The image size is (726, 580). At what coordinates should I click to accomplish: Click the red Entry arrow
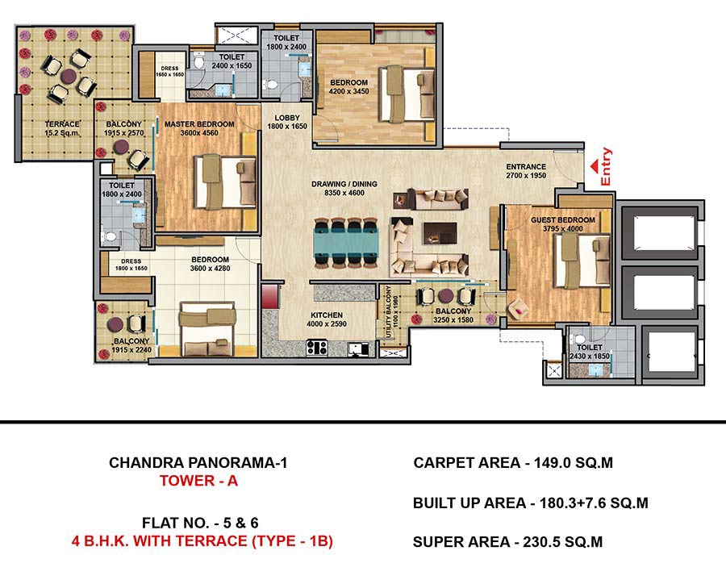pyautogui.click(x=594, y=166)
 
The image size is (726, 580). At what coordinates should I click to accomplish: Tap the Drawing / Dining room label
pyautogui.click(x=344, y=188)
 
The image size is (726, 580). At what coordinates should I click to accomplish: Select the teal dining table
pyautogui.click(x=346, y=243)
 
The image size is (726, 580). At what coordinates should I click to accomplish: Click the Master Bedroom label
pyautogui.click(x=199, y=128)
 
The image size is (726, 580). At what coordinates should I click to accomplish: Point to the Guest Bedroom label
pyautogui.click(x=562, y=224)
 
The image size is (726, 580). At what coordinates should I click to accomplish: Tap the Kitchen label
pyautogui.click(x=327, y=319)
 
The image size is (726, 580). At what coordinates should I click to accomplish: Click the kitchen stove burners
pyautogui.click(x=317, y=347)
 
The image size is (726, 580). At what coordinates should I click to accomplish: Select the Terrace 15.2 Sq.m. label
pyautogui.click(x=62, y=128)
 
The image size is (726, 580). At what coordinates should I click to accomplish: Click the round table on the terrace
pyautogui.click(x=69, y=77)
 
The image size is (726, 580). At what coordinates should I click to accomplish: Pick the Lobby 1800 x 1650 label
pyautogui.click(x=287, y=122)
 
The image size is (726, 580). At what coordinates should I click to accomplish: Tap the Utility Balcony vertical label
pyautogui.click(x=392, y=311)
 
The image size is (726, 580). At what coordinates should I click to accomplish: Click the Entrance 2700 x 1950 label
pyautogui.click(x=526, y=171)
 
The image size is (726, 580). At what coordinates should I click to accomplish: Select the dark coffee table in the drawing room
pyautogui.click(x=440, y=233)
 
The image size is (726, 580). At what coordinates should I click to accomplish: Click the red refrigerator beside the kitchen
pyautogui.click(x=270, y=296)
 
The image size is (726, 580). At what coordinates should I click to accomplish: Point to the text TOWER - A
pyautogui.click(x=198, y=481)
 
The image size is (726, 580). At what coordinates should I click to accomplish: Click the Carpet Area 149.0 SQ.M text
pyautogui.click(x=513, y=463)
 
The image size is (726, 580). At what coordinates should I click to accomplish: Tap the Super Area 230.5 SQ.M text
pyautogui.click(x=507, y=542)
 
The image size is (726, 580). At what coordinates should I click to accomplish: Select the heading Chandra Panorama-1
pyautogui.click(x=198, y=462)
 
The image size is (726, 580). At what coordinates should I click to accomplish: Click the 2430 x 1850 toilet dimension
pyautogui.click(x=590, y=356)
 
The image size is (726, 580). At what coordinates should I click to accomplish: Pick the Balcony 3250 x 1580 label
pyautogui.click(x=453, y=315)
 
